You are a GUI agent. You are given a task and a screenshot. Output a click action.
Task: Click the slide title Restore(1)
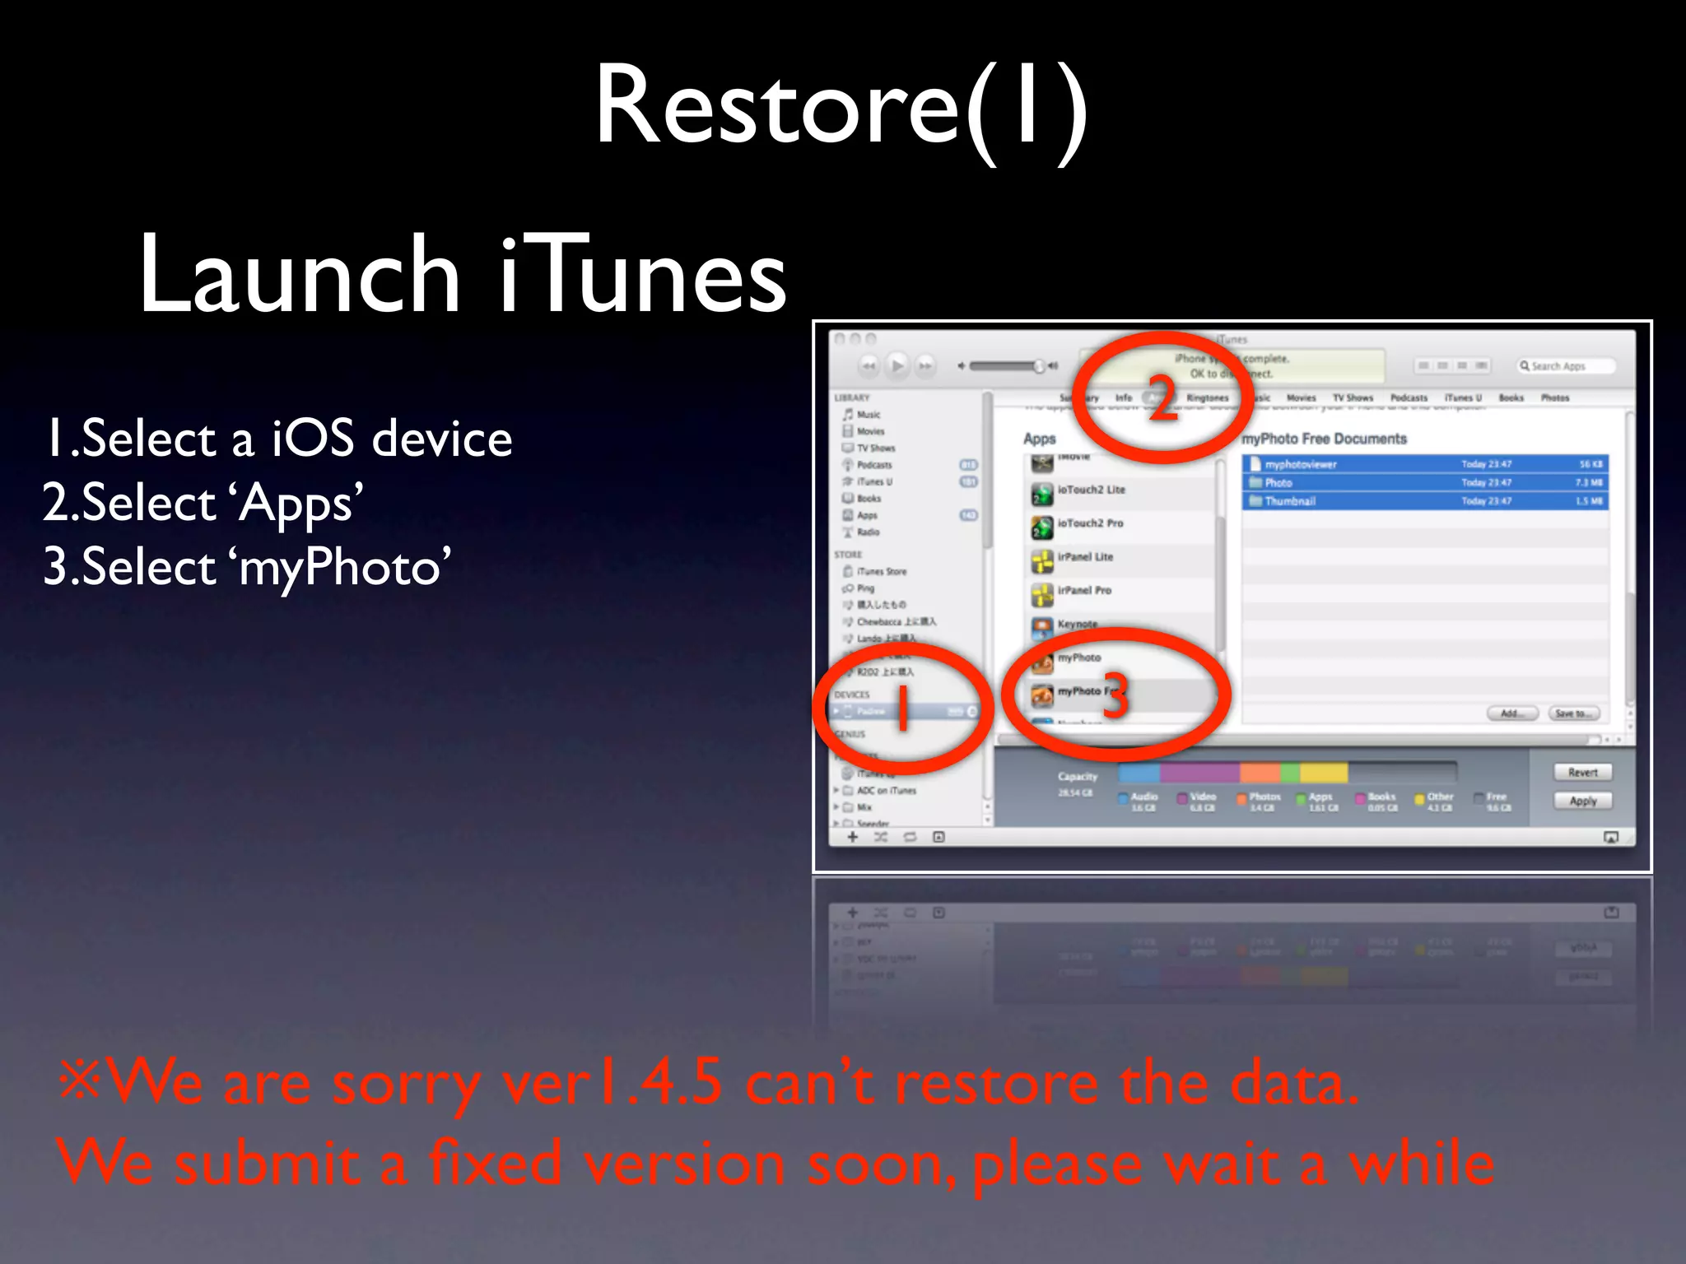(841, 107)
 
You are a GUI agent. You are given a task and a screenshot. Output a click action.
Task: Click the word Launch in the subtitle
(299, 275)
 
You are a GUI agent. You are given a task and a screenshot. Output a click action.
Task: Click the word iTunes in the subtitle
(642, 275)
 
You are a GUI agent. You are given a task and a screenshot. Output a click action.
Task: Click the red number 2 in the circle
(1162, 398)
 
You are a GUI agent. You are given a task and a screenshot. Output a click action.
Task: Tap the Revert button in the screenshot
(1582, 773)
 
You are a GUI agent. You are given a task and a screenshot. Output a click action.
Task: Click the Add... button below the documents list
(1512, 713)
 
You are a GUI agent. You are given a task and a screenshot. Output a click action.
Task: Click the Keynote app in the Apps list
(1077, 625)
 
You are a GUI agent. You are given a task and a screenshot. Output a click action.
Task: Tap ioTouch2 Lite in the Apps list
(1091, 490)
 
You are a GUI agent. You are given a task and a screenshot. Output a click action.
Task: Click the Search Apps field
(1564, 366)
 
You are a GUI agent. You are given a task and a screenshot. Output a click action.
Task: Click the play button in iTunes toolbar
(897, 365)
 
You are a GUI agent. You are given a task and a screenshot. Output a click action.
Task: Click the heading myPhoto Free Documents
(1324, 439)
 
